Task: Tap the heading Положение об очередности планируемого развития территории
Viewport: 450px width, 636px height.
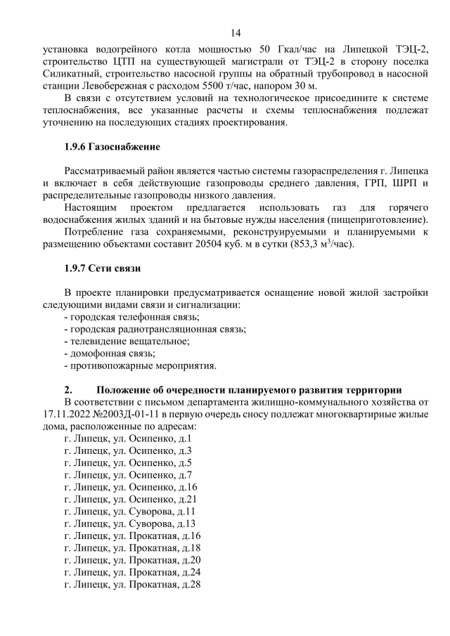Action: [x=249, y=390]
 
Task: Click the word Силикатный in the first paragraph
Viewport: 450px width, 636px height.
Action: [x=75, y=72]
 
